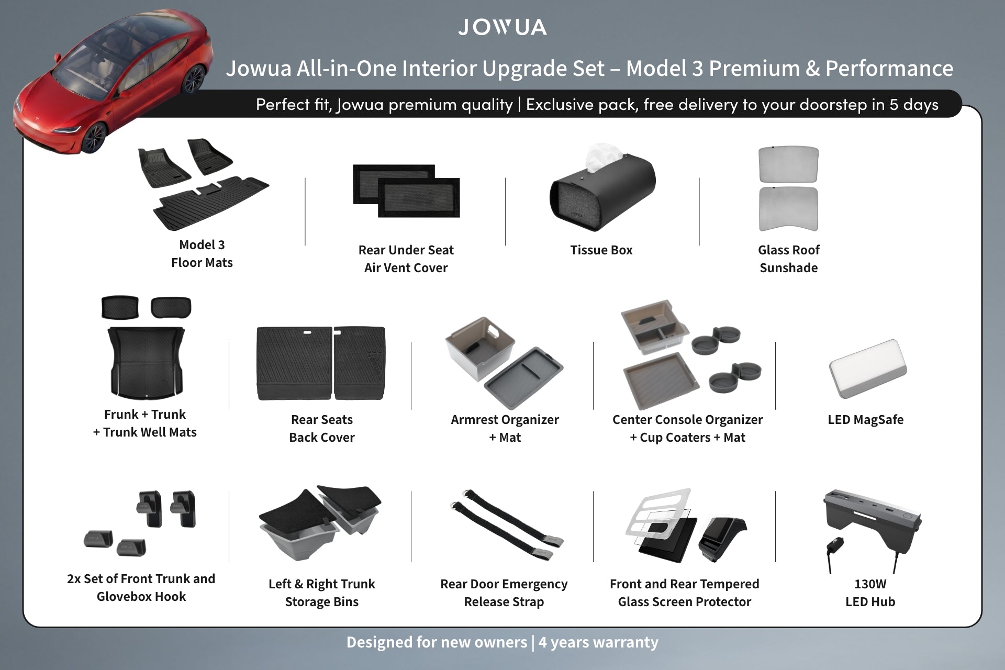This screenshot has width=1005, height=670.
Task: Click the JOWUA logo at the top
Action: point(502,27)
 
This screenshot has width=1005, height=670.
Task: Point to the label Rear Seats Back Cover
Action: point(321,428)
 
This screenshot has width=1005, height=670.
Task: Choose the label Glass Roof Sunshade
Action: point(788,259)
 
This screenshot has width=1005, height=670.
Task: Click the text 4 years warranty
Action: point(598,642)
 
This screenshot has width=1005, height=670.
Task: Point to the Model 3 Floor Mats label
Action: point(202,253)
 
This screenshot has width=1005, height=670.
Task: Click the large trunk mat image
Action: point(146,361)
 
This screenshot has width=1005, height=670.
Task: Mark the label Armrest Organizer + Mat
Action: point(505,428)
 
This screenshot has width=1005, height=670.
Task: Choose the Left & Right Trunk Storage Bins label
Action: point(321,593)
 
